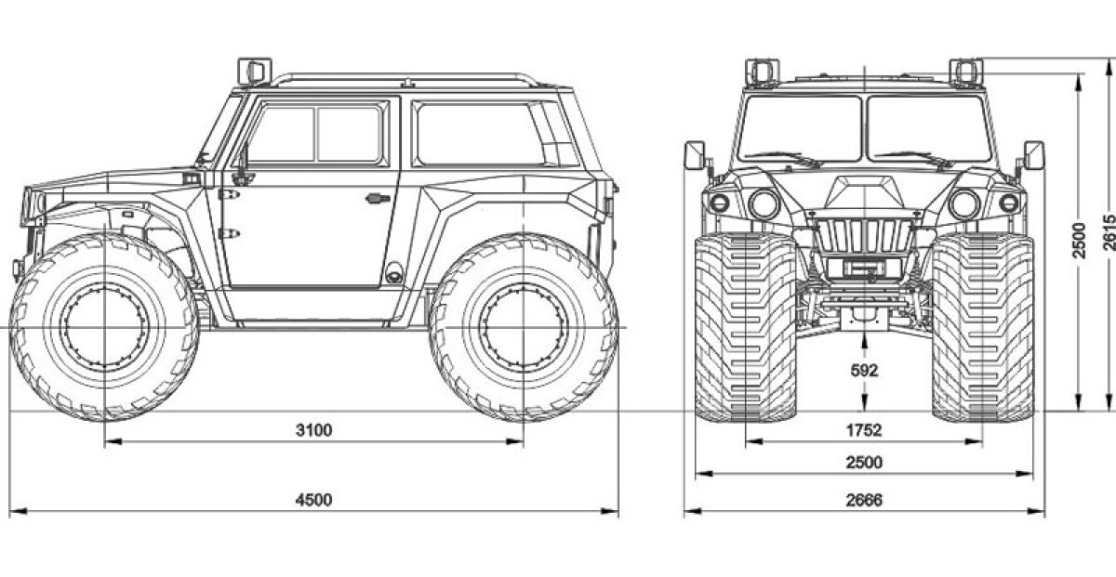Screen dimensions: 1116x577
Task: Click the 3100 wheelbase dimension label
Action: [314, 429]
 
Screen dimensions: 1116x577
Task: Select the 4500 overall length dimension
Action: [314, 499]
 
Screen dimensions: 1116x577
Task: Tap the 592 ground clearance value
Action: [864, 371]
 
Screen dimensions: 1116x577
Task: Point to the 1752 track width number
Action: [864, 429]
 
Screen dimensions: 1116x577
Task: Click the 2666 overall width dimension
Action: [864, 499]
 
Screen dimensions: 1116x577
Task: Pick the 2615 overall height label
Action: [1109, 232]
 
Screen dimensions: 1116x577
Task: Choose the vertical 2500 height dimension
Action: [1079, 241]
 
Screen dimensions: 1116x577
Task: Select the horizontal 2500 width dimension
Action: [864, 463]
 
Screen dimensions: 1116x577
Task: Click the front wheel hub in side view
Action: [104, 327]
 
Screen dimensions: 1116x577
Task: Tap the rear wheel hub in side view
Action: [524, 327]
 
